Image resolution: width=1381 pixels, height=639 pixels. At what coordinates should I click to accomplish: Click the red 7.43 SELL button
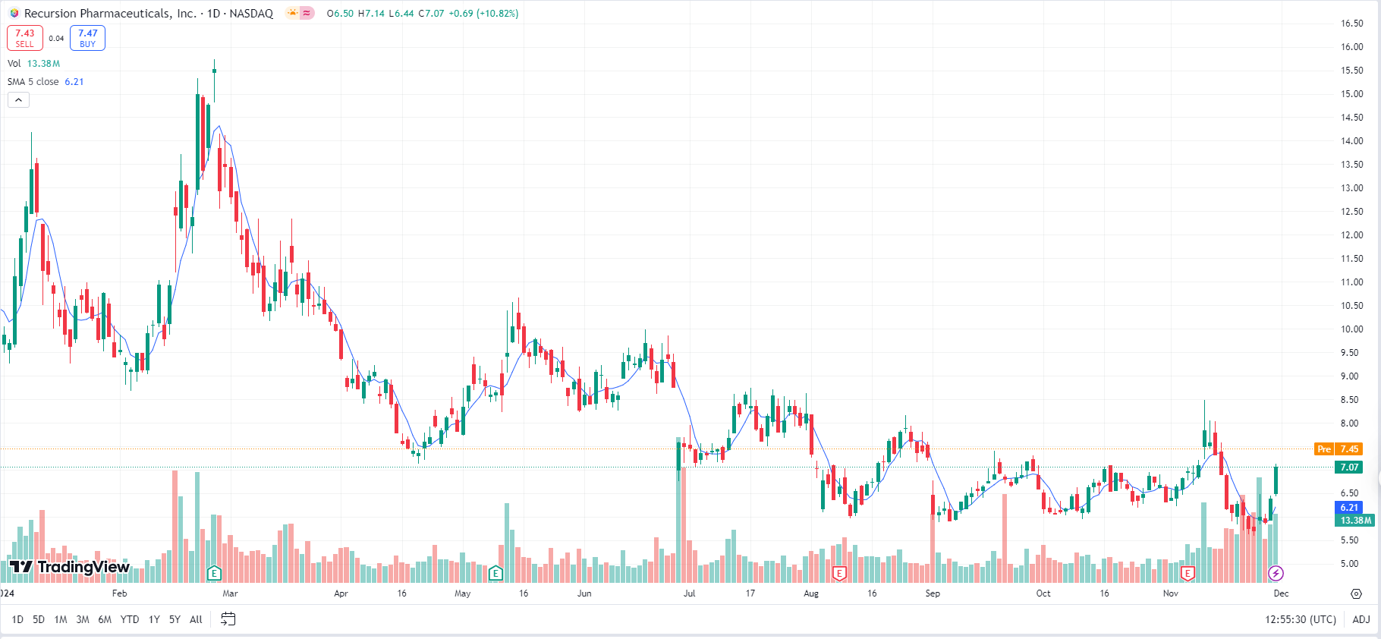25,38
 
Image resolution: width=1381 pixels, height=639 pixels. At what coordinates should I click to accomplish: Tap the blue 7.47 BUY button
87,38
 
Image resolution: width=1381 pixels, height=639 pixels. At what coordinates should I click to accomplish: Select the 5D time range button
39,619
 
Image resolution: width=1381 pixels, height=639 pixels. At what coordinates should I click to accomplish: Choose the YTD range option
130,619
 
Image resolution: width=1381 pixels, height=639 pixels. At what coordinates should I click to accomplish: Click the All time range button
196,619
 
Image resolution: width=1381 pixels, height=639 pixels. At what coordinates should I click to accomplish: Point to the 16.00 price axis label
1351,47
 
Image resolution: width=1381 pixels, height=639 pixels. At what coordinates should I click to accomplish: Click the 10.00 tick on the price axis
1351,329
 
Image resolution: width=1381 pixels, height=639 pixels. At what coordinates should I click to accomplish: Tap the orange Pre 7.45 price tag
1338,449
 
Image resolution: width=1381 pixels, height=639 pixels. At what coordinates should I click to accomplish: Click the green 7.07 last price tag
1349,467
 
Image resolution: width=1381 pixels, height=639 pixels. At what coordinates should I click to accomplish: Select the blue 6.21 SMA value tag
1349,508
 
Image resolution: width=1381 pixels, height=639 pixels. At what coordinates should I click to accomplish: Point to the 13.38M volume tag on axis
1355,521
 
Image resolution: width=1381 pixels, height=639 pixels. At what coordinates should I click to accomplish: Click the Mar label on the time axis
230,593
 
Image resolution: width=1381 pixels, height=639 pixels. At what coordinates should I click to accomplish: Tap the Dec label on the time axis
1281,593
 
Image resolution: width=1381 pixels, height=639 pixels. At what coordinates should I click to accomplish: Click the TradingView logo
70,567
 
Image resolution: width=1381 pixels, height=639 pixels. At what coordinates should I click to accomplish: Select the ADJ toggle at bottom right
1361,619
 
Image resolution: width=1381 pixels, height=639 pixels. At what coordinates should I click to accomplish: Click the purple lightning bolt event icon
1276,573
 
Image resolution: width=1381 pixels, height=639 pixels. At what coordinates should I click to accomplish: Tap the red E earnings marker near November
1188,573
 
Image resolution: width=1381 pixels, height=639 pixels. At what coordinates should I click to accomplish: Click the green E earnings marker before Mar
214,573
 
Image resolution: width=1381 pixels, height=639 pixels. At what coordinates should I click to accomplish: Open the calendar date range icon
228,619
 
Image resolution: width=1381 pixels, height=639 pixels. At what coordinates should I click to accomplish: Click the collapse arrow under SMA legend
18,100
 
